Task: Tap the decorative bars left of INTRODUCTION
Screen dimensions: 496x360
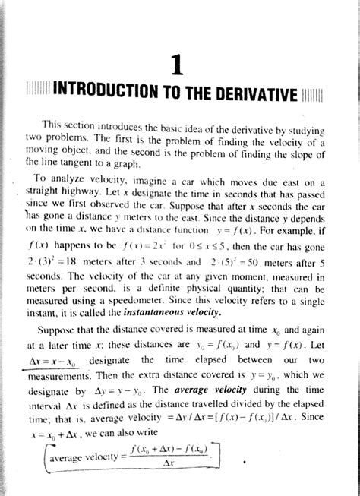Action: [x=36, y=98]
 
